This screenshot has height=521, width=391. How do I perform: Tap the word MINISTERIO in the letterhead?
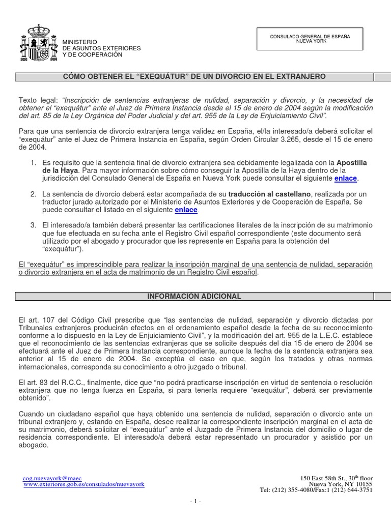(x=79, y=41)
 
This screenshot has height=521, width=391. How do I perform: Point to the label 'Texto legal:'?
(x=39, y=100)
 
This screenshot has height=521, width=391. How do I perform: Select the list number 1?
(x=33, y=163)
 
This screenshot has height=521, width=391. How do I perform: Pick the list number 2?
(x=33, y=194)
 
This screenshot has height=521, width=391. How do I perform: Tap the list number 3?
(x=33, y=225)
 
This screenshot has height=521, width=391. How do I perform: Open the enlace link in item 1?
(x=346, y=179)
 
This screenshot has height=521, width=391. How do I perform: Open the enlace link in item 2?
(x=186, y=210)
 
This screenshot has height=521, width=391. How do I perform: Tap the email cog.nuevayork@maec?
(x=52, y=478)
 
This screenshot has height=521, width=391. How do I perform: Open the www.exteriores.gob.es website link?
(x=84, y=485)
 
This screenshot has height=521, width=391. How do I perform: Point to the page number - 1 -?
(x=195, y=502)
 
